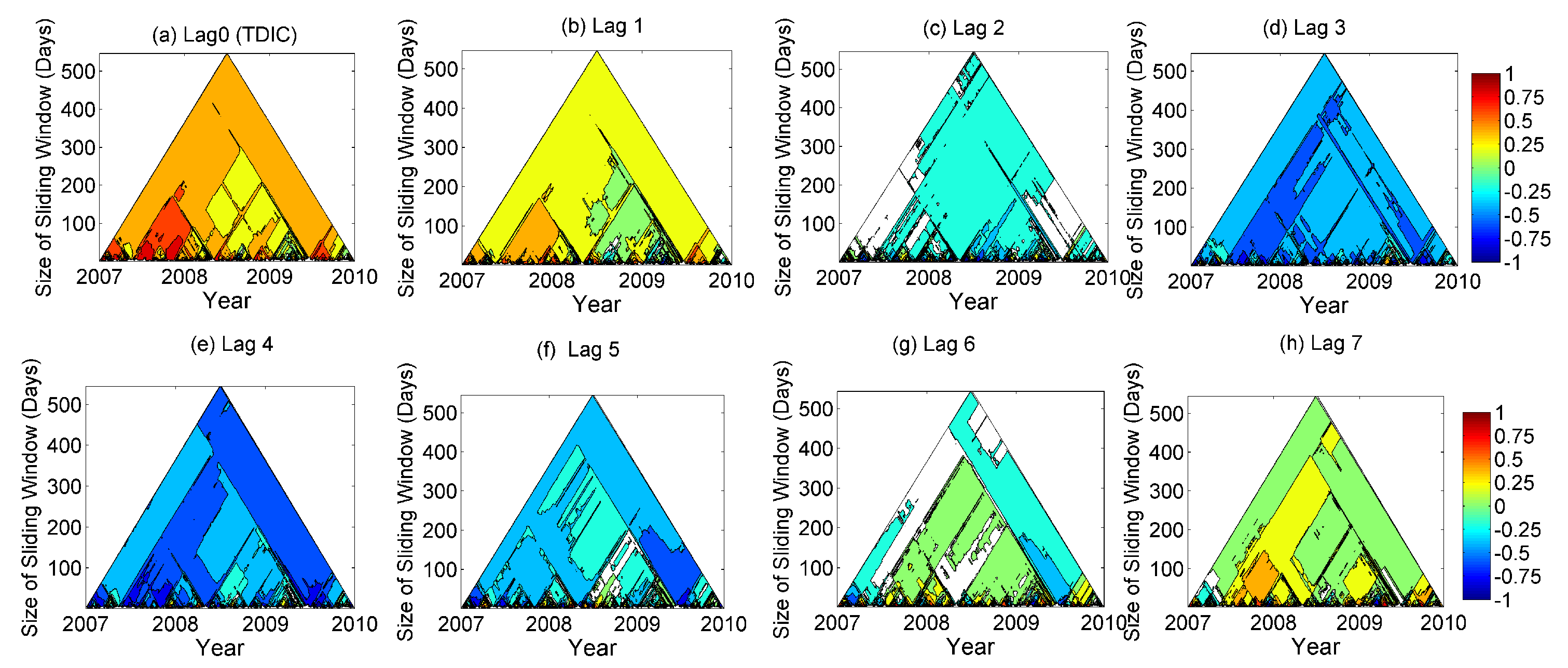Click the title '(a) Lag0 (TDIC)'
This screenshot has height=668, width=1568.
pyautogui.click(x=224, y=35)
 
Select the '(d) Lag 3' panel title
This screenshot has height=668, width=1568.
pyautogui.click(x=1304, y=28)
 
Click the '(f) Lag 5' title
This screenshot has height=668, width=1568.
pyautogui.click(x=577, y=349)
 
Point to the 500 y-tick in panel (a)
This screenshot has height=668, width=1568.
pyautogui.click(x=78, y=71)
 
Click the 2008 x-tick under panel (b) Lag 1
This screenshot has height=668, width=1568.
pyautogui.click(x=551, y=281)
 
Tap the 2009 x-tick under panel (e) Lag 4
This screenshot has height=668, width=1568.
pyautogui.click(x=265, y=624)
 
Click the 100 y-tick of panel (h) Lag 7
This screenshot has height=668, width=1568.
pyautogui.click(x=1166, y=569)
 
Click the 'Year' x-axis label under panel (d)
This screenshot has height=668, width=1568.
pyautogui.click(x=1324, y=305)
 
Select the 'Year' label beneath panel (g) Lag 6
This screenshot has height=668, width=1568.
pyautogui.click(x=970, y=647)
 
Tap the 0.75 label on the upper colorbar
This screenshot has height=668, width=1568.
pyautogui.click(x=1523, y=98)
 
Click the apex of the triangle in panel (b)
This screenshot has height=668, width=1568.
pyautogui.click(x=597, y=52)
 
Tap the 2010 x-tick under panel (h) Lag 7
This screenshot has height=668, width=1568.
pyautogui.click(x=1442, y=623)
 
